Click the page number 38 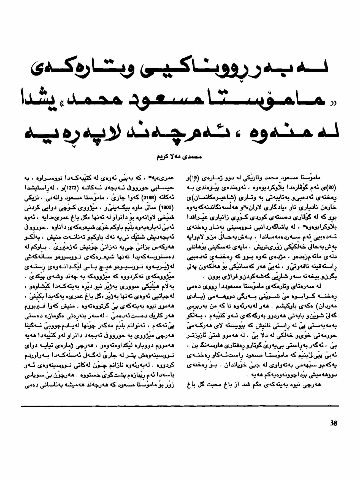coord(333,423)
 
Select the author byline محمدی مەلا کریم coord(180,157)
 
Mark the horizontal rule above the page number coord(180,406)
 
